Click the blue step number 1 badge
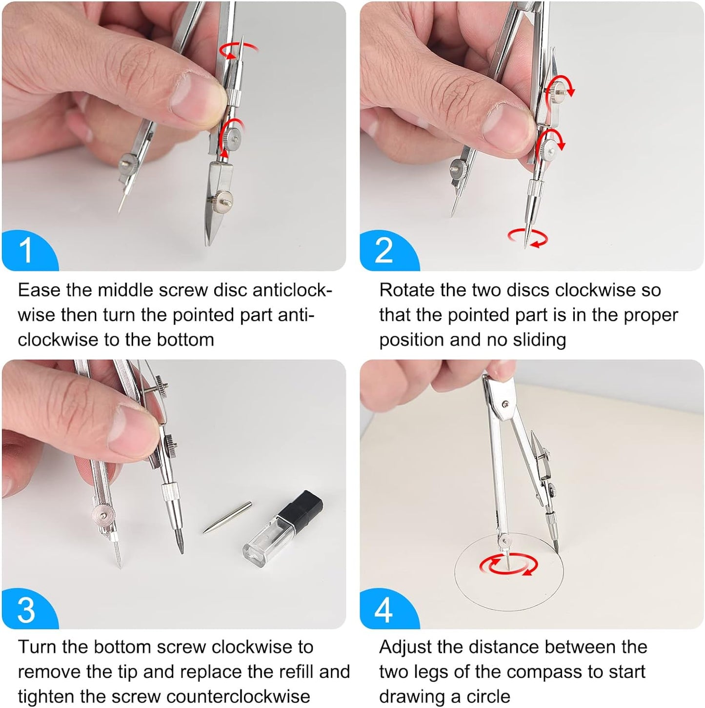(27, 251)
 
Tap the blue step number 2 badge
(386, 251)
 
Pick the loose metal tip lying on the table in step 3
(227, 517)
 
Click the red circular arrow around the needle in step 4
(508, 564)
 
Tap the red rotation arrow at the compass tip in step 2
(528, 238)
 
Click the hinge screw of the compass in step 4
(507, 404)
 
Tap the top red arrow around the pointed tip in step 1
(239, 50)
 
